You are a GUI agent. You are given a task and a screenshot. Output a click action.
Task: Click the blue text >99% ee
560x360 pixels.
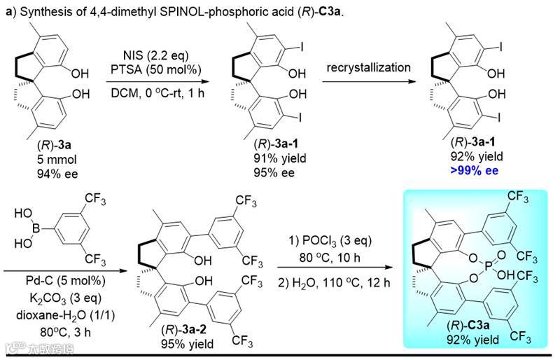point(472,169)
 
